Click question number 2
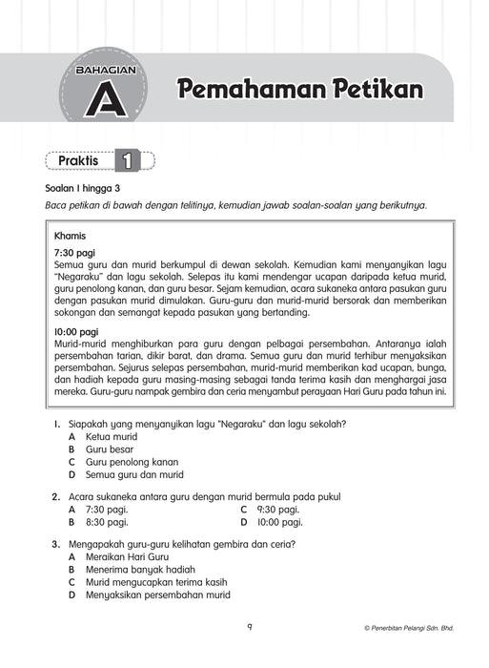click(x=57, y=496)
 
